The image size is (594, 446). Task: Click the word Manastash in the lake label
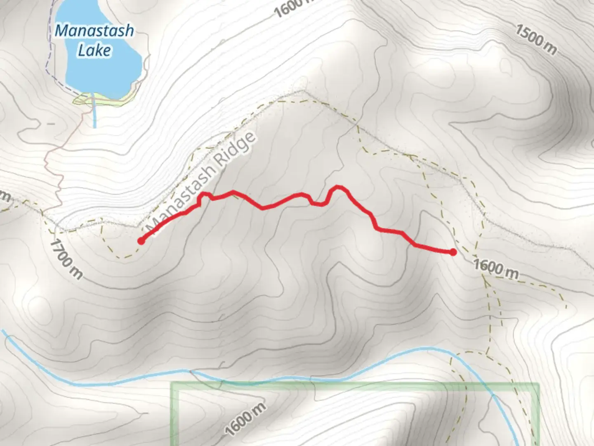[x=94, y=31]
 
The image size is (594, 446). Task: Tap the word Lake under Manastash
[x=94, y=50]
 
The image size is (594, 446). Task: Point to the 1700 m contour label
[x=66, y=259]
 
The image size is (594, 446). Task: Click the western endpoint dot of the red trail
[x=141, y=241]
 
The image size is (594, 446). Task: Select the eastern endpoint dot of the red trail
[x=453, y=252]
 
